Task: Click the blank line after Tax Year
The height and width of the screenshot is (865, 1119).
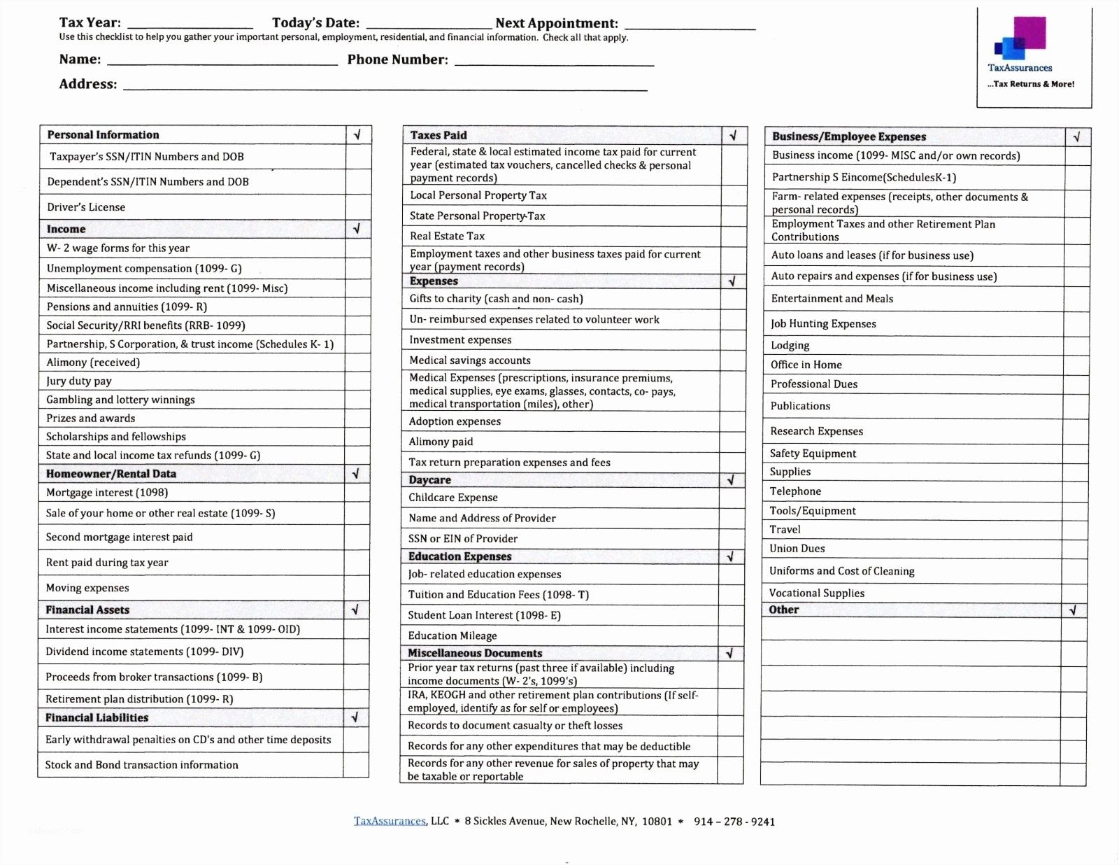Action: pos(190,24)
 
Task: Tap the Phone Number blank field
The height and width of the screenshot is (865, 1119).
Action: pos(554,61)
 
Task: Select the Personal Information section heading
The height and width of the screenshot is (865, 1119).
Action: pos(103,135)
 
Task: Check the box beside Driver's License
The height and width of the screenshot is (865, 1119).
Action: pos(358,207)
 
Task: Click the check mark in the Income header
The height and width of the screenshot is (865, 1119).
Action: pos(357,229)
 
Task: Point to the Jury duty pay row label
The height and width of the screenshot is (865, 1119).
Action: pos(79,381)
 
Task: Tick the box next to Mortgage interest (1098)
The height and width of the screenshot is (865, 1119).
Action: pos(356,493)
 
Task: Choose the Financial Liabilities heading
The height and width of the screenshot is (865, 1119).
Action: pos(97,718)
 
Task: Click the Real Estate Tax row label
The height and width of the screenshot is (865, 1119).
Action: pos(447,237)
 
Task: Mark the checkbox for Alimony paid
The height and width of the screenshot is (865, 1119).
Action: pos(732,442)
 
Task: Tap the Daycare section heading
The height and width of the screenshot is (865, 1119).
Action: pos(429,480)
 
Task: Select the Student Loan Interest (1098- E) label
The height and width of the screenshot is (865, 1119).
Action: pos(484,616)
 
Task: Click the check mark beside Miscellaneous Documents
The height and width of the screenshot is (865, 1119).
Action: pos(729,654)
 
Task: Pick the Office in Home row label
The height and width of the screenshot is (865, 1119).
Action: pos(806,365)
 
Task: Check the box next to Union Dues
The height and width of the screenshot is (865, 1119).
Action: pos(1074,549)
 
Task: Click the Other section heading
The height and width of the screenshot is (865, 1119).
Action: pos(783,610)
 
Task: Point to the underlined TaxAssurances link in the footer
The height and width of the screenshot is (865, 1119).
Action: pos(390,822)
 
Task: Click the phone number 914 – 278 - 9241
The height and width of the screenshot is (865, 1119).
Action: pos(734,822)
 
